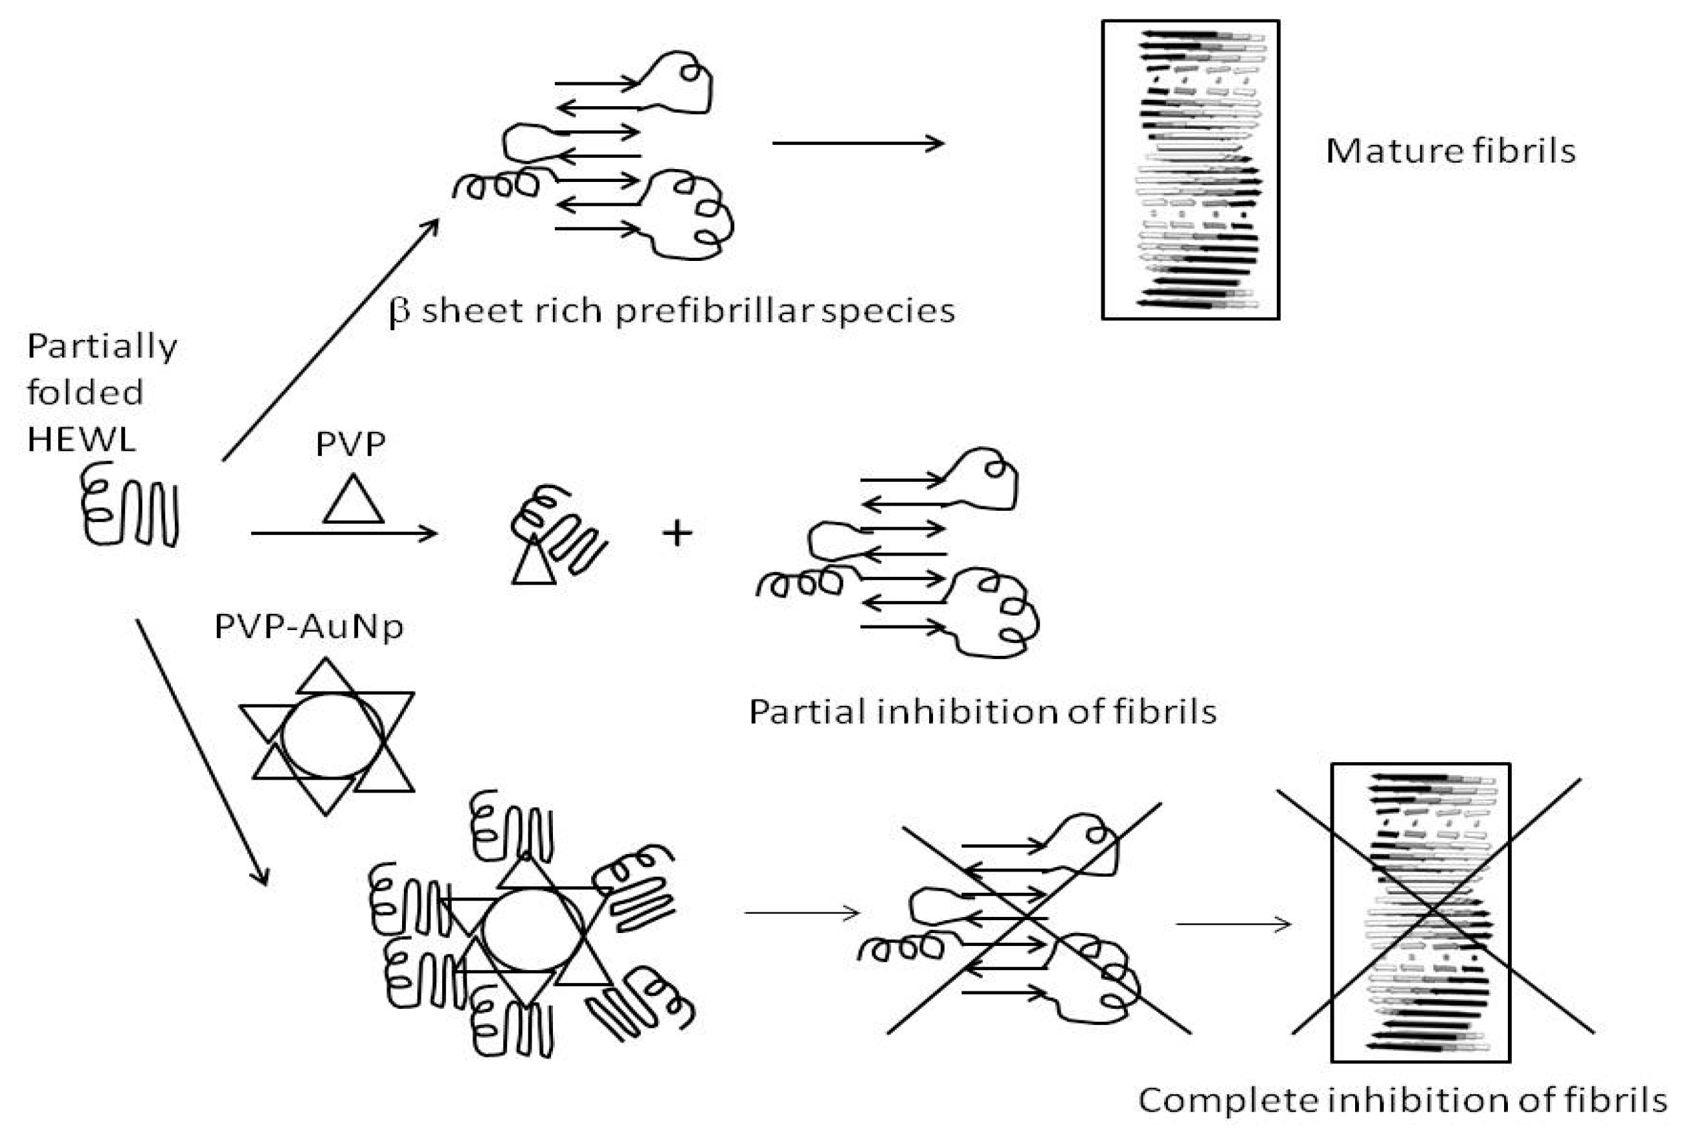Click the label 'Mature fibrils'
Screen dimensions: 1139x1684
pyautogui.click(x=1450, y=152)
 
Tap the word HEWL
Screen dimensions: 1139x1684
pyautogui.click(x=81, y=439)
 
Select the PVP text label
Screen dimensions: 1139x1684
pyautogui.click(x=350, y=444)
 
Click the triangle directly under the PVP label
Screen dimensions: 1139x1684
pyautogui.click(x=353, y=502)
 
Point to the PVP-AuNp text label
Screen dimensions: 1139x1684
pyautogui.click(x=309, y=627)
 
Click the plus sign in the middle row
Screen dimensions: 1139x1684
pyautogui.click(x=677, y=534)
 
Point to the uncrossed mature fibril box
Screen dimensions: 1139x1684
pyautogui.click(x=1190, y=170)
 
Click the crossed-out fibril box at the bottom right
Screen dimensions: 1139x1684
pyautogui.click(x=1420, y=913)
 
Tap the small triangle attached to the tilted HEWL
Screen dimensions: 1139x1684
pyautogui.click(x=533, y=565)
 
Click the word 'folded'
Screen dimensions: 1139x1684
pyautogui.click(x=85, y=392)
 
